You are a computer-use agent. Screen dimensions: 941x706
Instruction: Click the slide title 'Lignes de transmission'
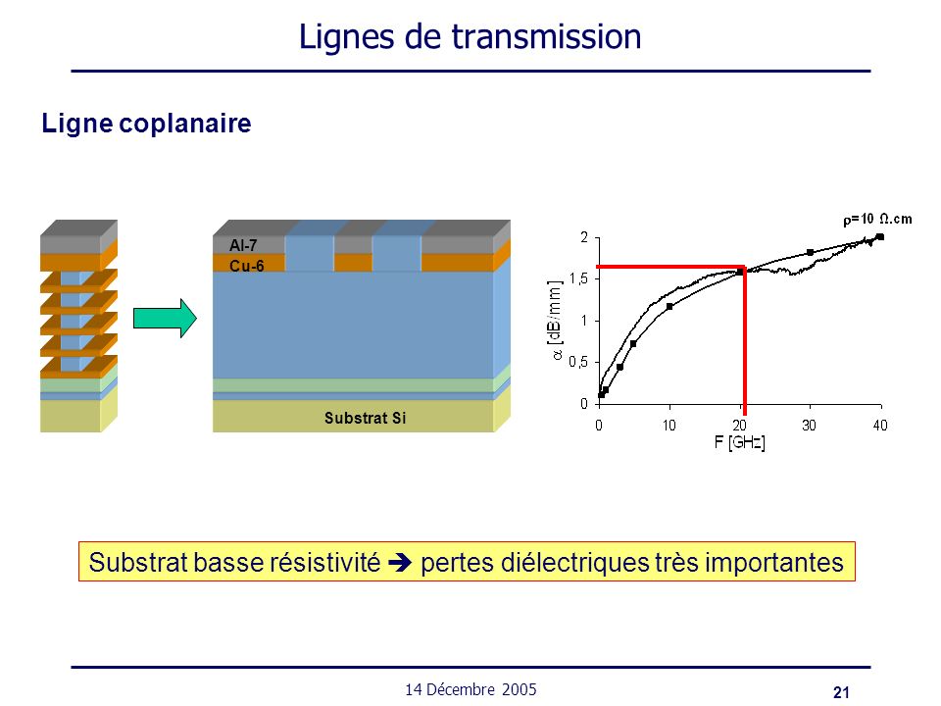pos(470,37)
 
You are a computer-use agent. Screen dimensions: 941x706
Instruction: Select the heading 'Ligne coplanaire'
pos(146,124)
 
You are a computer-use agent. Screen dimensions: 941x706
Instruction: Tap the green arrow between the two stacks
pos(165,318)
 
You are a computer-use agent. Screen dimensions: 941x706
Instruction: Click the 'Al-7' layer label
pos(243,245)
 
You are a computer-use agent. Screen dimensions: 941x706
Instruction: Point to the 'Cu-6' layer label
pos(247,266)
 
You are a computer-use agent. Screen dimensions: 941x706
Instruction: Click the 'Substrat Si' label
pos(365,418)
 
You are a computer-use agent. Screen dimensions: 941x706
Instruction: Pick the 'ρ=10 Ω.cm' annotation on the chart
pos(877,219)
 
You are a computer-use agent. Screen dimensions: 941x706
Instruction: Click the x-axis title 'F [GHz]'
pos(739,443)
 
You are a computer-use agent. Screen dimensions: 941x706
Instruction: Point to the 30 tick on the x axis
pos(809,426)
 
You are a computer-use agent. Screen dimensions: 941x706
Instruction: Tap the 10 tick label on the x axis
pos(669,426)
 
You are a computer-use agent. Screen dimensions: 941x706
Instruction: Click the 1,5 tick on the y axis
pos(579,279)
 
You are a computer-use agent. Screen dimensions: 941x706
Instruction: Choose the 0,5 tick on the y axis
pos(579,362)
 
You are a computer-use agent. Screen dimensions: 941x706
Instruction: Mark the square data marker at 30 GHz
pos(811,253)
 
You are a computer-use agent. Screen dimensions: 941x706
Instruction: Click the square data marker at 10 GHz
pos(669,307)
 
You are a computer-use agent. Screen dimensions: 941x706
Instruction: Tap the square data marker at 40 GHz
pos(880,237)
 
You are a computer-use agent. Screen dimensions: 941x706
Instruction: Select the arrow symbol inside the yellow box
pos(400,563)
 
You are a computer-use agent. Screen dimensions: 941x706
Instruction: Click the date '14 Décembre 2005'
pos(470,689)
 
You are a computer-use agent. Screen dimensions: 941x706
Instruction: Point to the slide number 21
pos(841,692)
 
